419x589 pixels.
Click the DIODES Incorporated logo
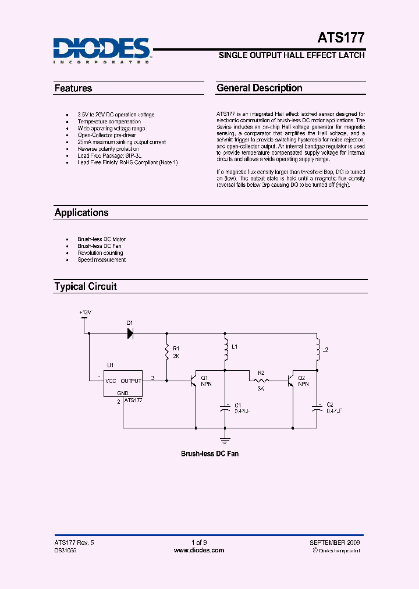102,49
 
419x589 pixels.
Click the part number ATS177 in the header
341,38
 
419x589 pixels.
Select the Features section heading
73,88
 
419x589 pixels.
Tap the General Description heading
259,88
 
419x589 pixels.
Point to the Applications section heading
81,212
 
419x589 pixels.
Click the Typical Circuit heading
86,286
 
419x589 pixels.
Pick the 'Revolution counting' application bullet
101,253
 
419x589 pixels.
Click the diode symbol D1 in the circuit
130,333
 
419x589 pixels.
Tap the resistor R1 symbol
167,353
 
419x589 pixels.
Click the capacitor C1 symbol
226,409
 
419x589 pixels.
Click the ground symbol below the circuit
226,441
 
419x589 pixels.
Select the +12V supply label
86,313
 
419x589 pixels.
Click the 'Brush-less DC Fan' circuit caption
210,453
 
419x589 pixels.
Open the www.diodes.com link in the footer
199,550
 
